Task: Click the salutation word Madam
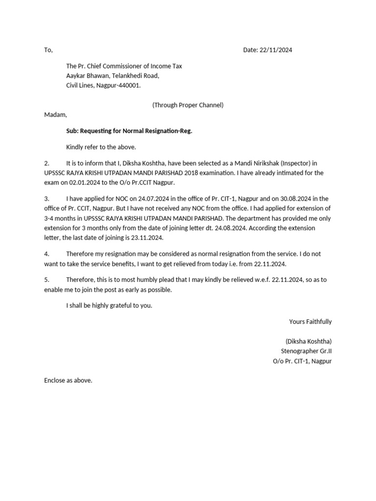point(55,114)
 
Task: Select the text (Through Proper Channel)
point(188,105)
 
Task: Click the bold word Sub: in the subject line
point(72,131)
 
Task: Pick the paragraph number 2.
point(47,163)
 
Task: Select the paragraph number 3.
point(47,199)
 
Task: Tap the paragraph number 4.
point(47,254)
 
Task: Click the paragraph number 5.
point(47,279)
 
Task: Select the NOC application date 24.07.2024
point(154,199)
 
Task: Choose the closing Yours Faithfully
point(310,321)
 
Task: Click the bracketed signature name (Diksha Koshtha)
point(308,342)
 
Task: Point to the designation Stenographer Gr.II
point(306,351)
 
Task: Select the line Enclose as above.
point(68,380)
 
